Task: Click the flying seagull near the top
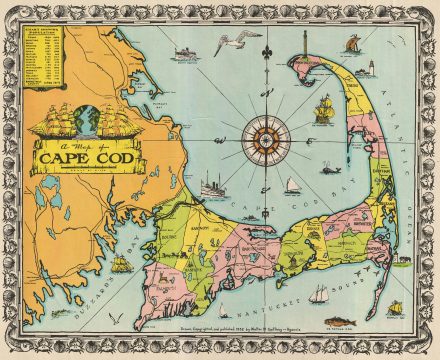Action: [232, 41]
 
